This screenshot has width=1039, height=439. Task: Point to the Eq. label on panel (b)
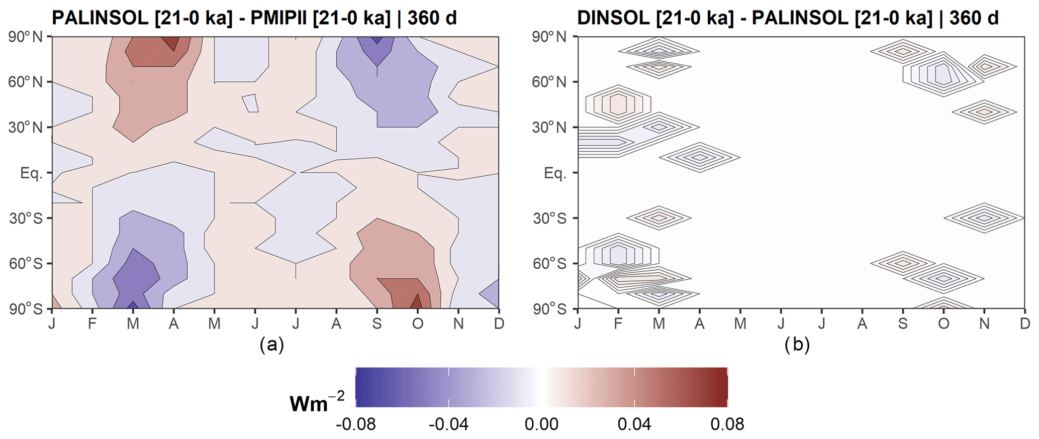(x=554, y=173)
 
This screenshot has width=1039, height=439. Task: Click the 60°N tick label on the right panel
(x=549, y=82)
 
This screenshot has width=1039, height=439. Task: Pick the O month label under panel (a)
(x=417, y=323)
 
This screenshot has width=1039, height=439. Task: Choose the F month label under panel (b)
(x=618, y=323)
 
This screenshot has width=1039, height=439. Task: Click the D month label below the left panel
(x=499, y=323)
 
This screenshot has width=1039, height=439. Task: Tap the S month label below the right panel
(x=903, y=323)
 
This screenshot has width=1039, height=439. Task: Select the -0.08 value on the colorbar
(x=355, y=424)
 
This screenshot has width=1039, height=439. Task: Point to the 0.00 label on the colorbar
(x=541, y=424)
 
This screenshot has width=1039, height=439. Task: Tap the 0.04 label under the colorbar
(x=634, y=424)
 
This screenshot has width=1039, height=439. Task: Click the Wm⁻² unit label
(x=317, y=402)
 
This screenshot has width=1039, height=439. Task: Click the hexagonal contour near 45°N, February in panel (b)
(x=618, y=104)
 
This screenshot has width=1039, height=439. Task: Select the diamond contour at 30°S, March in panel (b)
(x=659, y=218)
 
